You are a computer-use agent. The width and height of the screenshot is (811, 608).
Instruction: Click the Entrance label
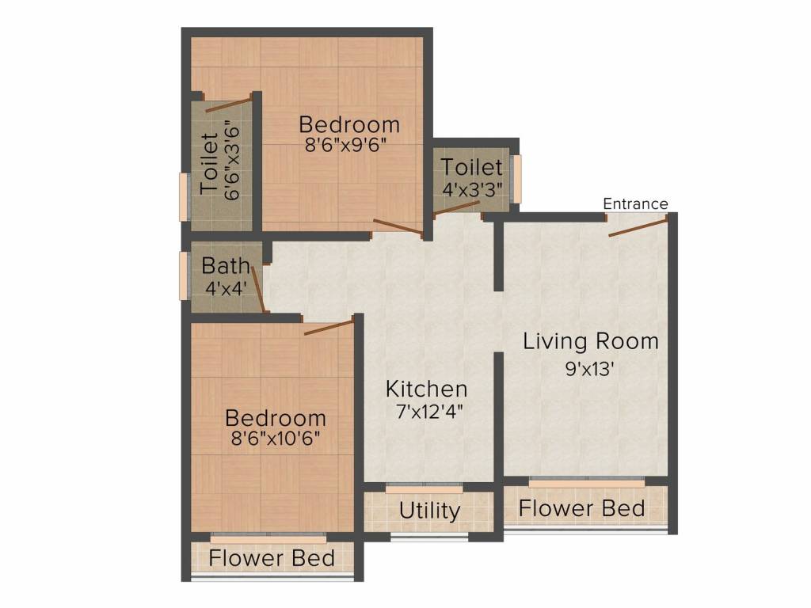pos(635,204)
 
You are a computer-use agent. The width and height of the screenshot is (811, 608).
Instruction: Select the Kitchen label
pos(426,389)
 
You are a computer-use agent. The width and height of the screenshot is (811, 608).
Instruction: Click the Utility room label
pos(429,511)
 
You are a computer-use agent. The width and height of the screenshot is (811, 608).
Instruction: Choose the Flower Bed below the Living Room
pos(581,508)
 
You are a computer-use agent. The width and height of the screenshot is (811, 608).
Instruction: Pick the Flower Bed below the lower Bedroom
pos(272,558)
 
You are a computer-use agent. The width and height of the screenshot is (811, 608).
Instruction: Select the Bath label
pos(225,266)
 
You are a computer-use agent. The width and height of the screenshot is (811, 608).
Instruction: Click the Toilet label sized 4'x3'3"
pos(471,168)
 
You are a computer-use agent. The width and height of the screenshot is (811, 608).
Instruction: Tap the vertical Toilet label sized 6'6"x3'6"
pos(209,164)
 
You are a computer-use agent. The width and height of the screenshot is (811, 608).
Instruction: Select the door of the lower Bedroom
pos(328,328)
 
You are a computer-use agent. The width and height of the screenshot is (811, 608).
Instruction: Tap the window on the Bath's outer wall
pos(183,275)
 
